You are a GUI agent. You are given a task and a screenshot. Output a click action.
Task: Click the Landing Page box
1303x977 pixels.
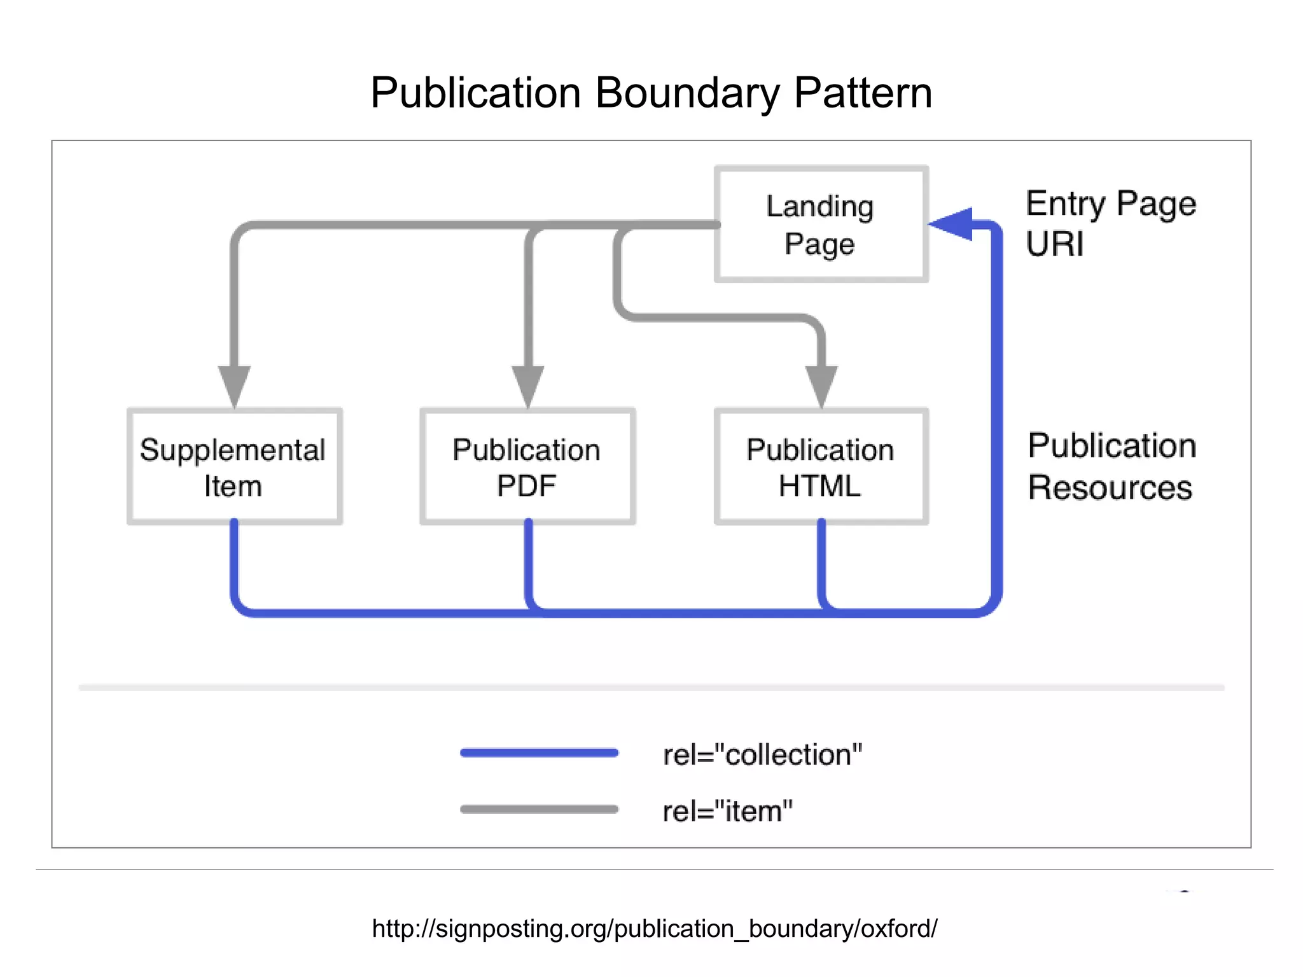point(821,224)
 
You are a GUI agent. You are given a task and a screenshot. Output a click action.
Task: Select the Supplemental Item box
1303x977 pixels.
point(234,466)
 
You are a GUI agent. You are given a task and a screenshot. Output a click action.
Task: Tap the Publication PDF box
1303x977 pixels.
point(527,466)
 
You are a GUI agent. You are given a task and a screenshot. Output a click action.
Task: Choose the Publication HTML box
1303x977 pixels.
point(821,466)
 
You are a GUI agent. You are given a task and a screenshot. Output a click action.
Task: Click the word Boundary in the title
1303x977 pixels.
point(687,94)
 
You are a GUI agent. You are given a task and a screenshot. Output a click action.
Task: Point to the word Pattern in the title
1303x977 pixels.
point(863,94)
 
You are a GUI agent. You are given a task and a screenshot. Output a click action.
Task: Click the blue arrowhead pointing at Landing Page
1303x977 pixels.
point(952,224)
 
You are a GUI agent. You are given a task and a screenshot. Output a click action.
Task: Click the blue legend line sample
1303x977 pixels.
point(539,753)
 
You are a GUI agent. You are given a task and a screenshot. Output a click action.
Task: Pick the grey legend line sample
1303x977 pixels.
point(539,809)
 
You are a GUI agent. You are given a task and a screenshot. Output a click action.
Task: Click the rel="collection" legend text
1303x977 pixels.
point(762,755)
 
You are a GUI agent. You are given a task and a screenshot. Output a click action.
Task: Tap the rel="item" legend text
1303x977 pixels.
point(727,812)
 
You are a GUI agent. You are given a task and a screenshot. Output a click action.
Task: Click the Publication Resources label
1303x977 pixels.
point(1111,466)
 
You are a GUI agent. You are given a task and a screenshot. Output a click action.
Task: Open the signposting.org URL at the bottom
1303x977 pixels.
point(654,929)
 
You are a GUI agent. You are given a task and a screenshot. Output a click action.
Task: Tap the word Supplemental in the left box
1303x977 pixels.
point(233,450)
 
